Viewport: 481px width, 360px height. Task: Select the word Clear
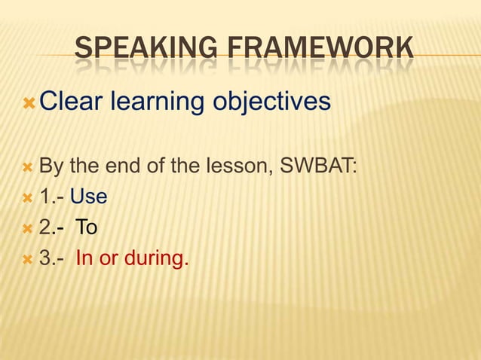tap(71, 101)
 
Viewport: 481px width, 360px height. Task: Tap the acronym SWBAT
tap(317, 165)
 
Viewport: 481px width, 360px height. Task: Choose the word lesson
tap(234, 165)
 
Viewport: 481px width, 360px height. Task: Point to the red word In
tap(84, 259)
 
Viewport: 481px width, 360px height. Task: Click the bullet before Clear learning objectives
tap(29, 102)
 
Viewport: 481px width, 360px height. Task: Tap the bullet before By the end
tap(29, 166)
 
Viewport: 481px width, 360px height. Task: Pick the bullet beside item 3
tap(29, 259)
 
